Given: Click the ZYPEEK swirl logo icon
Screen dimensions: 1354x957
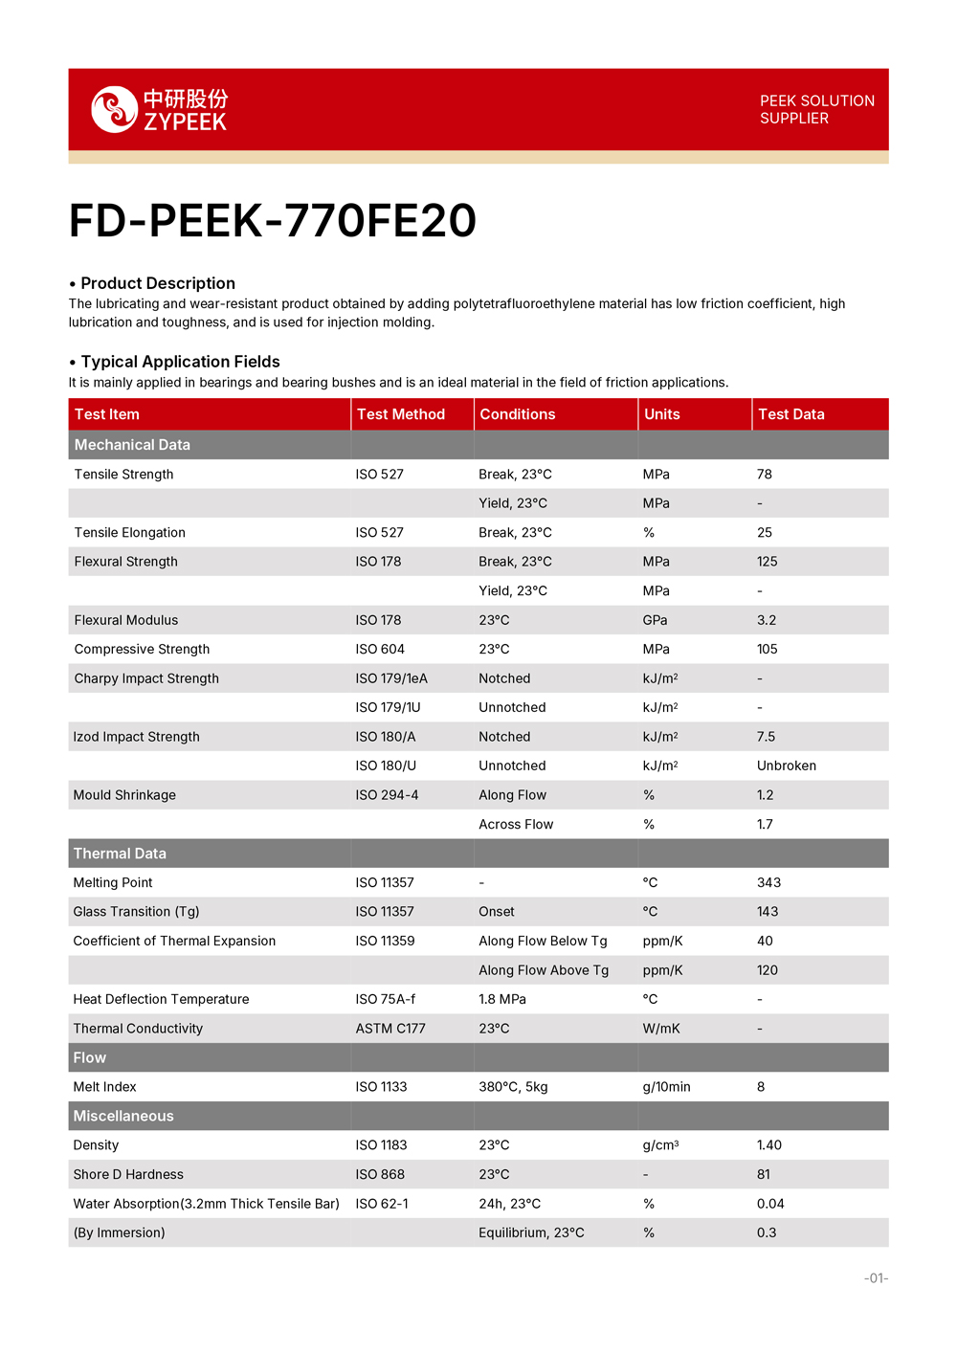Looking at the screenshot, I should tap(115, 109).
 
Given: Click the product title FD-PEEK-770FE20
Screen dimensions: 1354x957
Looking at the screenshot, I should tap(273, 221).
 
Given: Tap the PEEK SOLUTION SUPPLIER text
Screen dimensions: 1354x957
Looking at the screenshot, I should tap(816, 109).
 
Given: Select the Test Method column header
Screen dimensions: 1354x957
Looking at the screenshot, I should tap(401, 414).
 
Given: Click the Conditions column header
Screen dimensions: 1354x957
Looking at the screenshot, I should tap(517, 414).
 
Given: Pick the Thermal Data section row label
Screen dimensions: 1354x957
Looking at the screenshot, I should tap(120, 854).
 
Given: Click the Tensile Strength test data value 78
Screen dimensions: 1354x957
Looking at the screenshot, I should tap(765, 475).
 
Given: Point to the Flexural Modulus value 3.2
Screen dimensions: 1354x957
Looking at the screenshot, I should tap(767, 620).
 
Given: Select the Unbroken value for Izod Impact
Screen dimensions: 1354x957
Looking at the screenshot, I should tap(787, 766).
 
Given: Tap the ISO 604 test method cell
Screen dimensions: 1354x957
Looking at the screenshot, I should tap(380, 649).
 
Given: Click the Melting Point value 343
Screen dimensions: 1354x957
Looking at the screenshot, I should tap(768, 882).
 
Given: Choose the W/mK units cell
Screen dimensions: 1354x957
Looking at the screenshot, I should tap(661, 1029).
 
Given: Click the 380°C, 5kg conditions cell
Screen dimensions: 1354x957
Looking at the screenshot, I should tap(513, 1087).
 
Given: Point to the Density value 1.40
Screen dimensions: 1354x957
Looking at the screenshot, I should tap(769, 1145).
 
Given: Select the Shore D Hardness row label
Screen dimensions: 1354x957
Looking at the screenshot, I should tap(128, 1174).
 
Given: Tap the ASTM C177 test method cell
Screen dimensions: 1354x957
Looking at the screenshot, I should tap(390, 1029).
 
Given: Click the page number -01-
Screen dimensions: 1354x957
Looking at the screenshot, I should tap(876, 1278).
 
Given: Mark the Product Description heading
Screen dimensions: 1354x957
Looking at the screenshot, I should tap(158, 283).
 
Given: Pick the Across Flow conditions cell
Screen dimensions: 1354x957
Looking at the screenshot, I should tap(516, 824).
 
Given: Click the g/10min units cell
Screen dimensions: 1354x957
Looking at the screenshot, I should tap(666, 1087).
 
